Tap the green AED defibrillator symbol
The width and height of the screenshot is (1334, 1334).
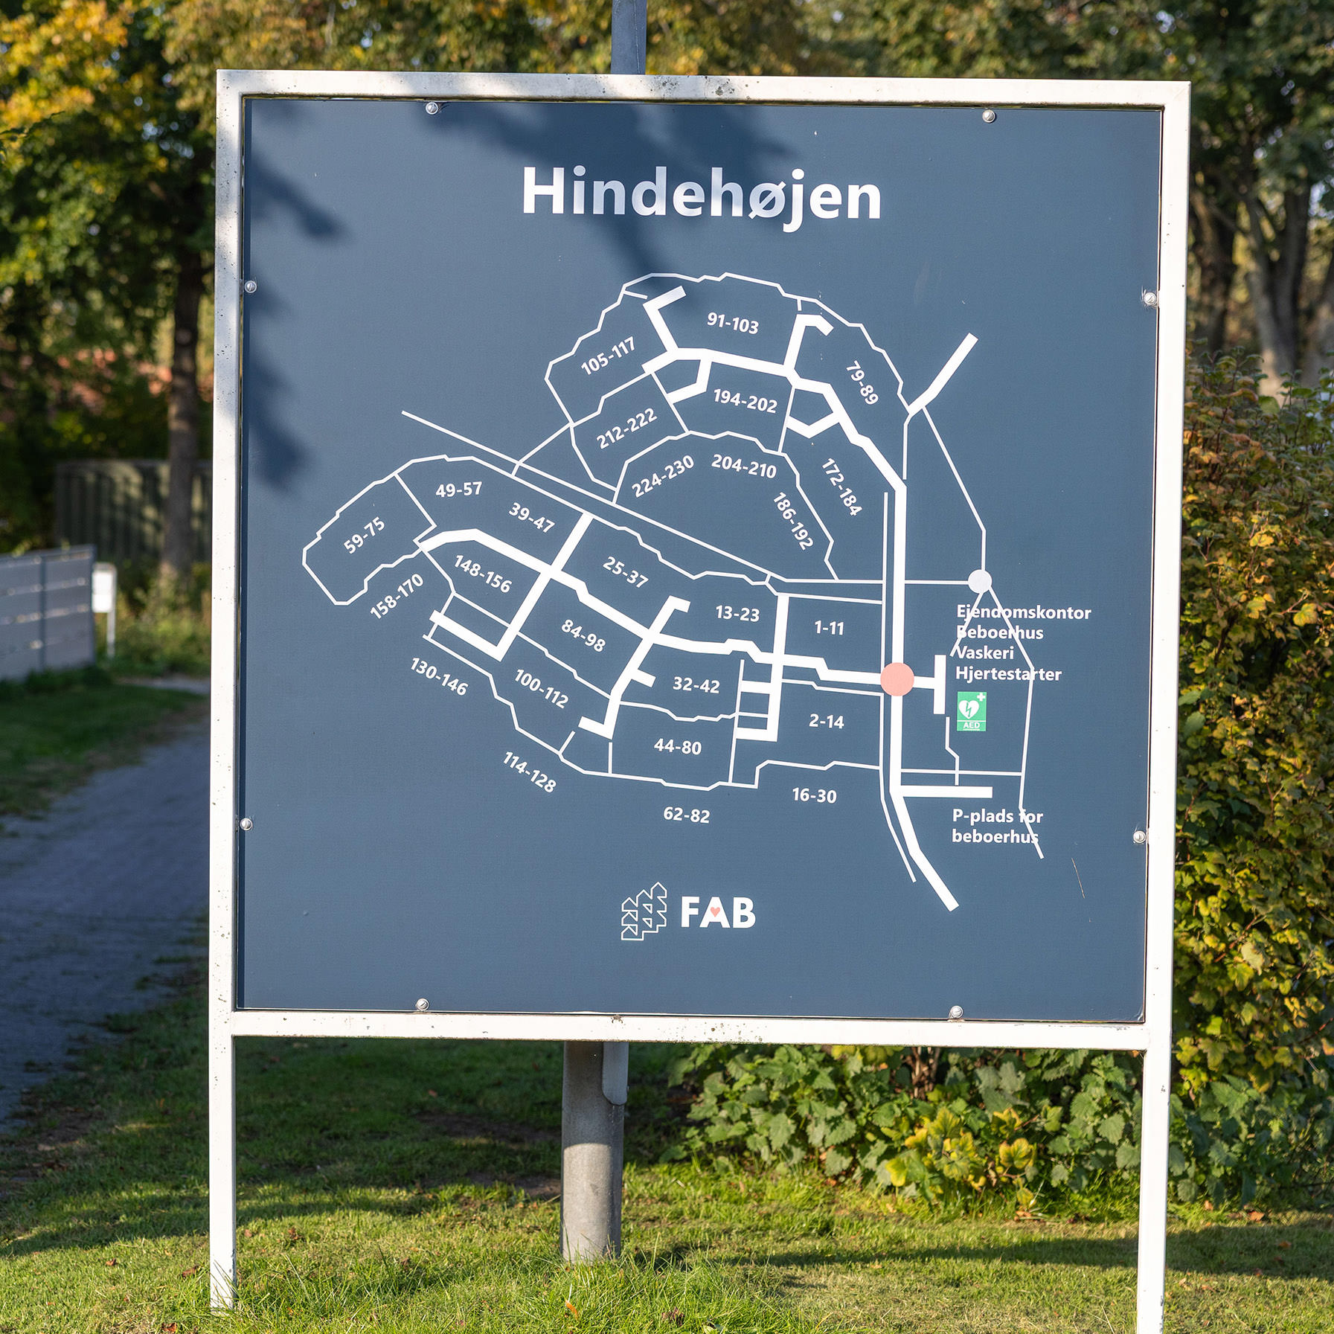coord(971,711)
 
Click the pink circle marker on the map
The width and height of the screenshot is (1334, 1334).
coord(897,679)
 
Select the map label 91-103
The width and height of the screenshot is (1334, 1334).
coord(733,323)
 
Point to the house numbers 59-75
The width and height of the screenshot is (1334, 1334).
coord(364,535)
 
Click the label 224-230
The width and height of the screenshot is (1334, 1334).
coord(662,476)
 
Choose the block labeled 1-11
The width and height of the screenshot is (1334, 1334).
coord(829,628)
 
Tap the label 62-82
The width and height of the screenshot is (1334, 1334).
coord(686,815)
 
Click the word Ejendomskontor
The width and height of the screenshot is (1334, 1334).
coord(1024,613)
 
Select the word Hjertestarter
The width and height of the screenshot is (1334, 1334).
coord(1009,674)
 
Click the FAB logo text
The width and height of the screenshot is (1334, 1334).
coord(718,913)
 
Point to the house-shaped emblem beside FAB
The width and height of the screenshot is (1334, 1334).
coord(644,911)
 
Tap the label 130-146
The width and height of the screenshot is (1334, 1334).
coord(439,677)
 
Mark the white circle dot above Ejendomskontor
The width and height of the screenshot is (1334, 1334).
coord(980,581)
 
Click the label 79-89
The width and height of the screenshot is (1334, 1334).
coord(862,383)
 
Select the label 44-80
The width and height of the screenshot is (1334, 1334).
coord(677,746)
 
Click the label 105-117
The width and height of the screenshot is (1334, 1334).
coord(608,356)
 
